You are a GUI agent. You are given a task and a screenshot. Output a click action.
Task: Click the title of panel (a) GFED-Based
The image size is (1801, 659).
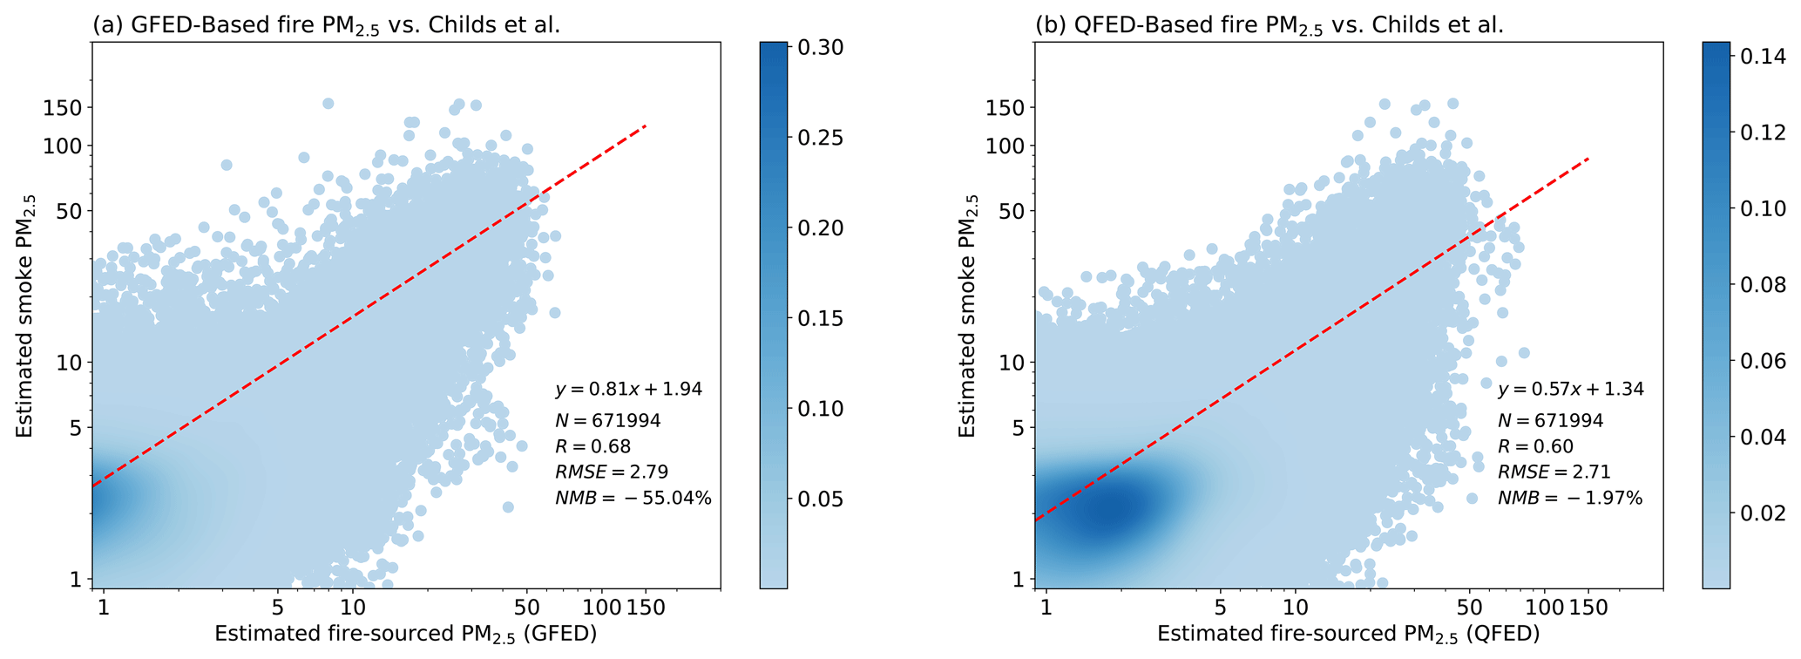click(x=327, y=26)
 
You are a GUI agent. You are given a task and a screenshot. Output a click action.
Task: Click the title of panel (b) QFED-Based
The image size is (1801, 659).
click(x=1270, y=26)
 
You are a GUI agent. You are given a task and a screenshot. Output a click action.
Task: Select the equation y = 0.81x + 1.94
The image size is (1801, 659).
click(x=628, y=389)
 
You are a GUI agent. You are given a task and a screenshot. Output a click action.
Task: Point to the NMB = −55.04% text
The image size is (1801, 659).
click(x=633, y=499)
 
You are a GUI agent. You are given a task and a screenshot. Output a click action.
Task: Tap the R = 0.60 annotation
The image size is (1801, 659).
click(x=1535, y=447)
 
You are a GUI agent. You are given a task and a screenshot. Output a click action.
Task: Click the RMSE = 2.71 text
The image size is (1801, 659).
click(x=1554, y=472)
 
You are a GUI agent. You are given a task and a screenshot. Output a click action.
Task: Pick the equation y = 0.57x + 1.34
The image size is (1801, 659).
click(x=1571, y=389)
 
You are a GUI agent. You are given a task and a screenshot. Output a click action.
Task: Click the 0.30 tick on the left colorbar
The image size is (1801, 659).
click(x=819, y=47)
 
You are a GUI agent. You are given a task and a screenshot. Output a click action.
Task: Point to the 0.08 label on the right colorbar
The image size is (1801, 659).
click(x=1762, y=285)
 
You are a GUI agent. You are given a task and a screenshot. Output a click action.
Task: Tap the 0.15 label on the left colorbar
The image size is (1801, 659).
click(x=819, y=318)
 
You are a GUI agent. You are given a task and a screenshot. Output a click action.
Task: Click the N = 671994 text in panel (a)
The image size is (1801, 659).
click(x=608, y=421)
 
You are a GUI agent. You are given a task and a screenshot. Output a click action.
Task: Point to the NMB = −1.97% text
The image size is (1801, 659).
click(x=1570, y=499)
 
